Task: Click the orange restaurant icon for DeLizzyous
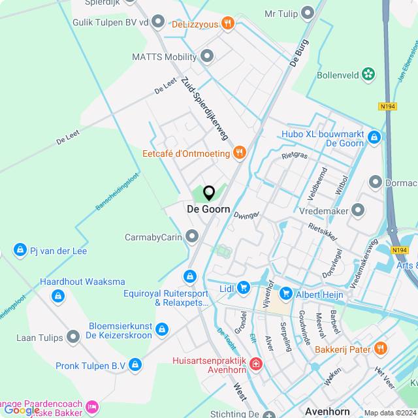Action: (x=228, y=24)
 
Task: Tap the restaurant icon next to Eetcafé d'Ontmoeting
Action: (x=240, y=153)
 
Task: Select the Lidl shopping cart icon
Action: (x=244, y=287)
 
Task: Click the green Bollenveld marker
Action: (x=369, y=74)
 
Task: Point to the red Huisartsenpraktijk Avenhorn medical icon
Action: (x=255, y=363)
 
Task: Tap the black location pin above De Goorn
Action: (x=209, y=193)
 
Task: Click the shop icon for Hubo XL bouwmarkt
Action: (x=374, y=138)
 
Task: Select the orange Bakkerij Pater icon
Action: (x=381, y=349)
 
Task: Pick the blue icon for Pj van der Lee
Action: (x=20, y=251)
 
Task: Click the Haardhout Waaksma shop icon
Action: (x=58, y=297)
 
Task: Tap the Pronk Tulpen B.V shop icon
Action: (x=135, y=364)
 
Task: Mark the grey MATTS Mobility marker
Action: (x=208, y=57)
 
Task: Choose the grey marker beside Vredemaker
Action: (x=357, y=210)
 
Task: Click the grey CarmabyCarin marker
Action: (x=192, y=236)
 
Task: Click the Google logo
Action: (x=22, y=410)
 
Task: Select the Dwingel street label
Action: (x=247, y=215)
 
